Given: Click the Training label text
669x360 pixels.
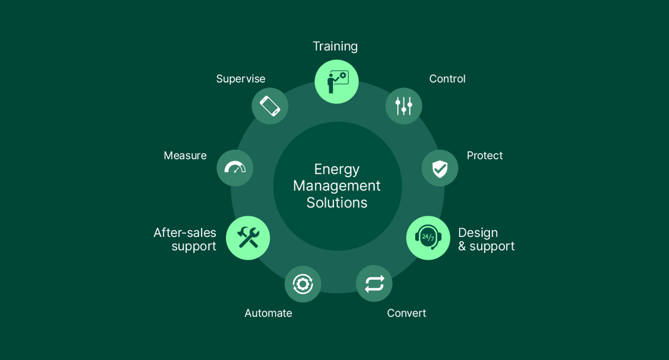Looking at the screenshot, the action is tap(335, 47).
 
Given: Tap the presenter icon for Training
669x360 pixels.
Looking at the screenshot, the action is tap(338, 82).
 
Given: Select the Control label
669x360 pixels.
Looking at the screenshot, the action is tap(447, 79).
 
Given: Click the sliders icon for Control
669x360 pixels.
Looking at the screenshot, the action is tap(404, 106).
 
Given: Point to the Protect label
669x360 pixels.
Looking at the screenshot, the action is tap(484, 155).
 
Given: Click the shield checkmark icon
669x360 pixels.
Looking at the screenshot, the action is tap(440, 169).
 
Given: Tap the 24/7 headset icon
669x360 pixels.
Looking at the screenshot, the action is tap(428, 237).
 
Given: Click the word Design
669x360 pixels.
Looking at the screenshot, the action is tap(478, 233).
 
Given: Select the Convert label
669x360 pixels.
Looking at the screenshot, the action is tap(406, 313).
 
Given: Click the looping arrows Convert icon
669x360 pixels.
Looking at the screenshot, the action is tap(374, 284).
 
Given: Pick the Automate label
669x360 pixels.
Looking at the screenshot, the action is tap(268, 313).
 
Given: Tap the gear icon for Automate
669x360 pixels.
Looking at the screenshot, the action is tap(303, 284).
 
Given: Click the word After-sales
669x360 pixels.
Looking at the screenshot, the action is tap(185, 233).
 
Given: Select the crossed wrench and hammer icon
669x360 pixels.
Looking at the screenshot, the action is tap(248, 237).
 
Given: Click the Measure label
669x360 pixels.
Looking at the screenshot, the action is tap(185, 155).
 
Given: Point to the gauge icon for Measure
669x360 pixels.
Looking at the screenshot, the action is tap(235, 168).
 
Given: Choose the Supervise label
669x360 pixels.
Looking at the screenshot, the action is tap(241, 79).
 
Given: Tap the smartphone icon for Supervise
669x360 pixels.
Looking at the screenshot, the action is tap(270, 106).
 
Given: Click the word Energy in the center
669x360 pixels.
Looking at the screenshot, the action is tap(337, 170).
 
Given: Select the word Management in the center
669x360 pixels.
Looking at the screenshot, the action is tap(337, 186).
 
